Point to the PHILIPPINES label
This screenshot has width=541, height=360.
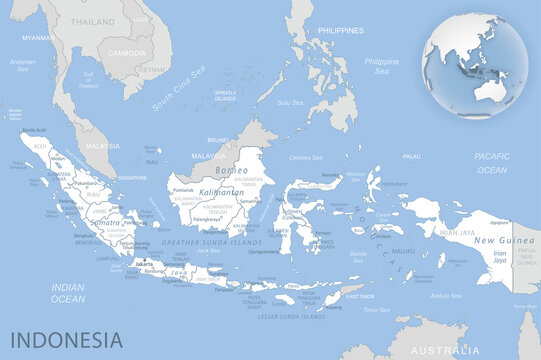pyautogui.click(x=340, y=31)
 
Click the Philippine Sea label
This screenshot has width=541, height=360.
pyautogui.click(x=381, y=66)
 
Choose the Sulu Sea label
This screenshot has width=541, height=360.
pyautogui.click(x=290, y=102)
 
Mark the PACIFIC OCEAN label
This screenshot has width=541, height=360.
pyautogui.click(x=492, y=163)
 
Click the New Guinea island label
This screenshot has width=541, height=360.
pyautogui.click(x=497, y=241)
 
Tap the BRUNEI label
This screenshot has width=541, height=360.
pyautogui.click(x=218, y=141)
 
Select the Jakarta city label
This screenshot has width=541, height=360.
pyautogui.click(x=145, y=265)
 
